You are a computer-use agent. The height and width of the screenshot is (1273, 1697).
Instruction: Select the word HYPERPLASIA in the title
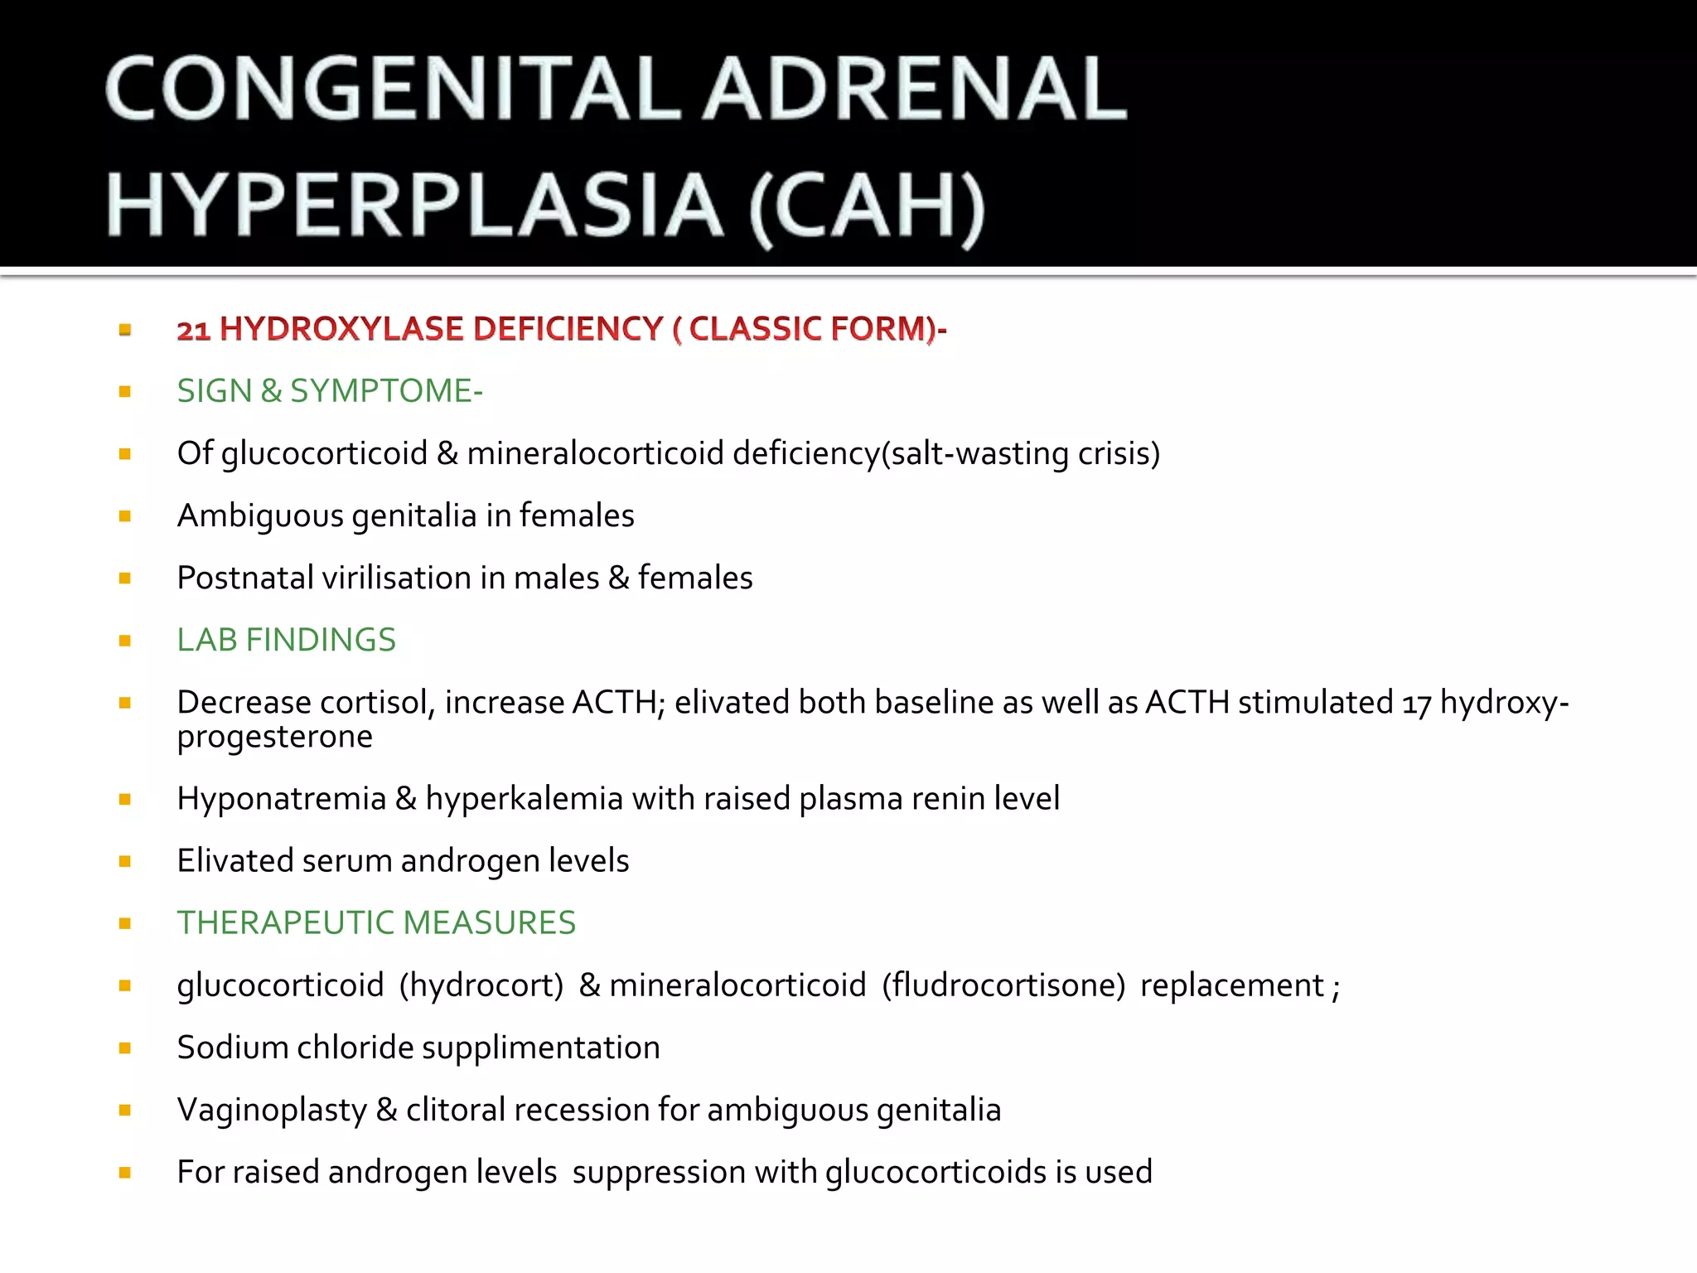[414, 206]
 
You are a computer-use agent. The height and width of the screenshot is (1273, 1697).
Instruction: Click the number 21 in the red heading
[193, 330]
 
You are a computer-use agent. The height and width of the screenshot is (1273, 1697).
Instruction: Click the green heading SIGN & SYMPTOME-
[330, 391]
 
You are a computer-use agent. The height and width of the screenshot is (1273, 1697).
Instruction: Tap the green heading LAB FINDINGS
[287, 640]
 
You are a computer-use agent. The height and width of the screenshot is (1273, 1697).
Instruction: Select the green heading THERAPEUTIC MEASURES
[376, 922]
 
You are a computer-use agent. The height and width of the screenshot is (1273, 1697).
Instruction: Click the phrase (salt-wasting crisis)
[1021, 453]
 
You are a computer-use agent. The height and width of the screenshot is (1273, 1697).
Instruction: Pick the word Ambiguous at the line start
[260, 515]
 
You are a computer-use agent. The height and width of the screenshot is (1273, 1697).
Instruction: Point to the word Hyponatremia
[282, 799]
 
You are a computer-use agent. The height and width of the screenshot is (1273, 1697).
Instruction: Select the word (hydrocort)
[481, 985]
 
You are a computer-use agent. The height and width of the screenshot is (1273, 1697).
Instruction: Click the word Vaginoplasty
[272, 1111]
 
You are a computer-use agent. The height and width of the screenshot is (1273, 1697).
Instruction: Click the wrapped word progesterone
[275, 737]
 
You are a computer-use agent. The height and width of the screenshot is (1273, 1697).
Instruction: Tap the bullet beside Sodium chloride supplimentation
[125, 1048]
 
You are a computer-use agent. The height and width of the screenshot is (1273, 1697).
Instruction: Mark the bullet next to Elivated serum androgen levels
[125, 862]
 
